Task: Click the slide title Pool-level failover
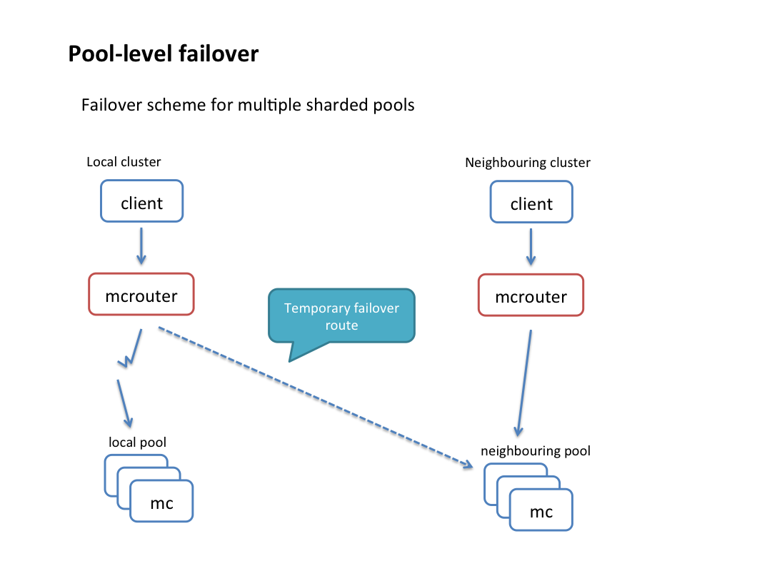coord(164,54)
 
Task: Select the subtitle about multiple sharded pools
coord(248,105)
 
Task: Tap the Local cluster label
coord(124,162)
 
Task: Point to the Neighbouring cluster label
coord(528,163)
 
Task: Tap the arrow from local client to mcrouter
coord(141,246)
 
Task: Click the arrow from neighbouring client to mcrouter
coord(531,247)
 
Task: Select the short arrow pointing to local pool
coord(124,404)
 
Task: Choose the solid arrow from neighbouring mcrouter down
coord(524,383)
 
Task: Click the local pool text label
coord(138,443)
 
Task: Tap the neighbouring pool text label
coord(536,451)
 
